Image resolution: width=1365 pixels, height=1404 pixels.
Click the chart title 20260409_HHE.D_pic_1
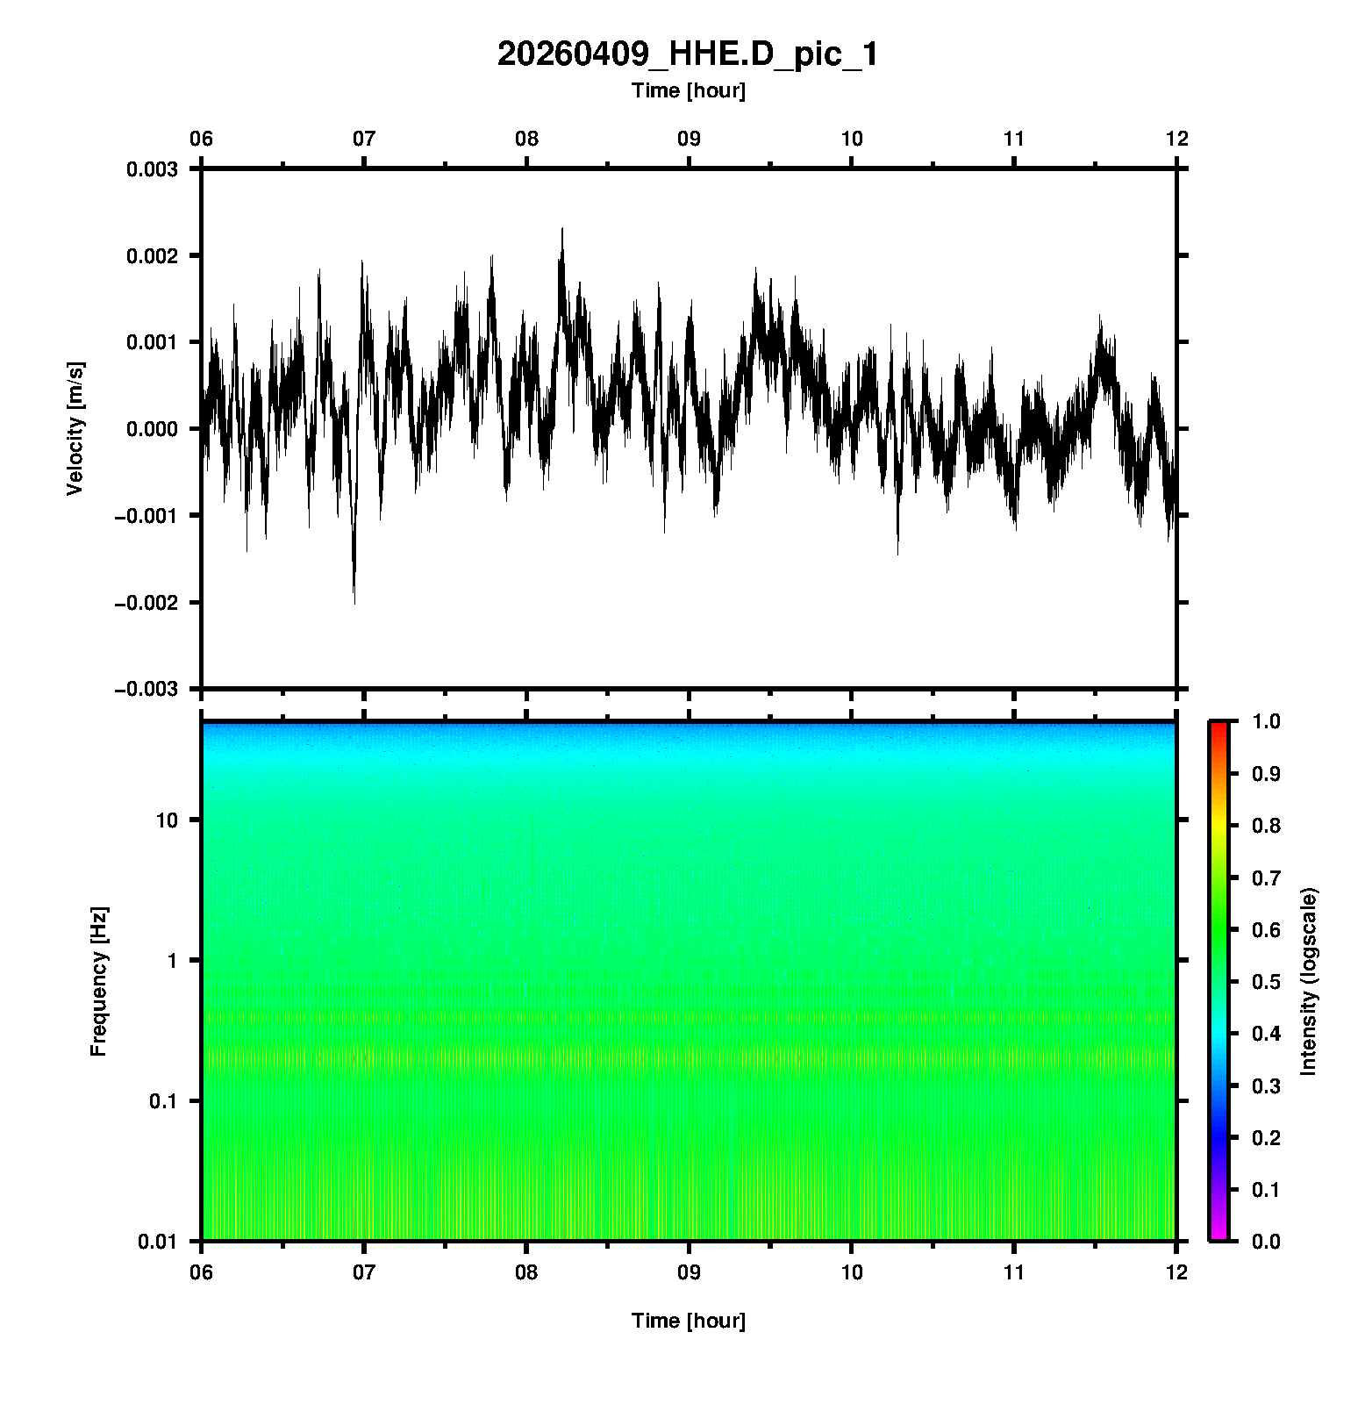[x=687, y=54]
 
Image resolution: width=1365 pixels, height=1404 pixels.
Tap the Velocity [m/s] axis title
[x=75, y=428]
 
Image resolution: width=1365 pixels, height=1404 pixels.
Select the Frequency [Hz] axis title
[x=98, y=982]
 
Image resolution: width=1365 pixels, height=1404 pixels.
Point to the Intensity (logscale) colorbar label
[x=1309, y=981]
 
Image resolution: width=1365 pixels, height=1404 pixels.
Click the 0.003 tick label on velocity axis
[x=152, y=169]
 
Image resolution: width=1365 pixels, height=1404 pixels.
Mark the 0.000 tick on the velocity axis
[x=152, y=429]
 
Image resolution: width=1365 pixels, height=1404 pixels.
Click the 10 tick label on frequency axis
[x=167, y=820]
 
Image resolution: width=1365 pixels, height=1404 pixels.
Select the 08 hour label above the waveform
[x=526, y=139]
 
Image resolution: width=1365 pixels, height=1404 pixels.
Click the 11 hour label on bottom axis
[x=1014, y=1273]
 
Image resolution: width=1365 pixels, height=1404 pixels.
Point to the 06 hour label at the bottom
[x=202, y=1273]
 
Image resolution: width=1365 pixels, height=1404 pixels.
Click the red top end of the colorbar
[x=1218, y=727]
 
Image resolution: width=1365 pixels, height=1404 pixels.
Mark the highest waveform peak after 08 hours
[x=562, y=230]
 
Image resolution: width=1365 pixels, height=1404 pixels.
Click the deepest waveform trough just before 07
[x=354, y=601]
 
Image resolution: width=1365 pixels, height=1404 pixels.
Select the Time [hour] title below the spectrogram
[x=688, y=1321]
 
